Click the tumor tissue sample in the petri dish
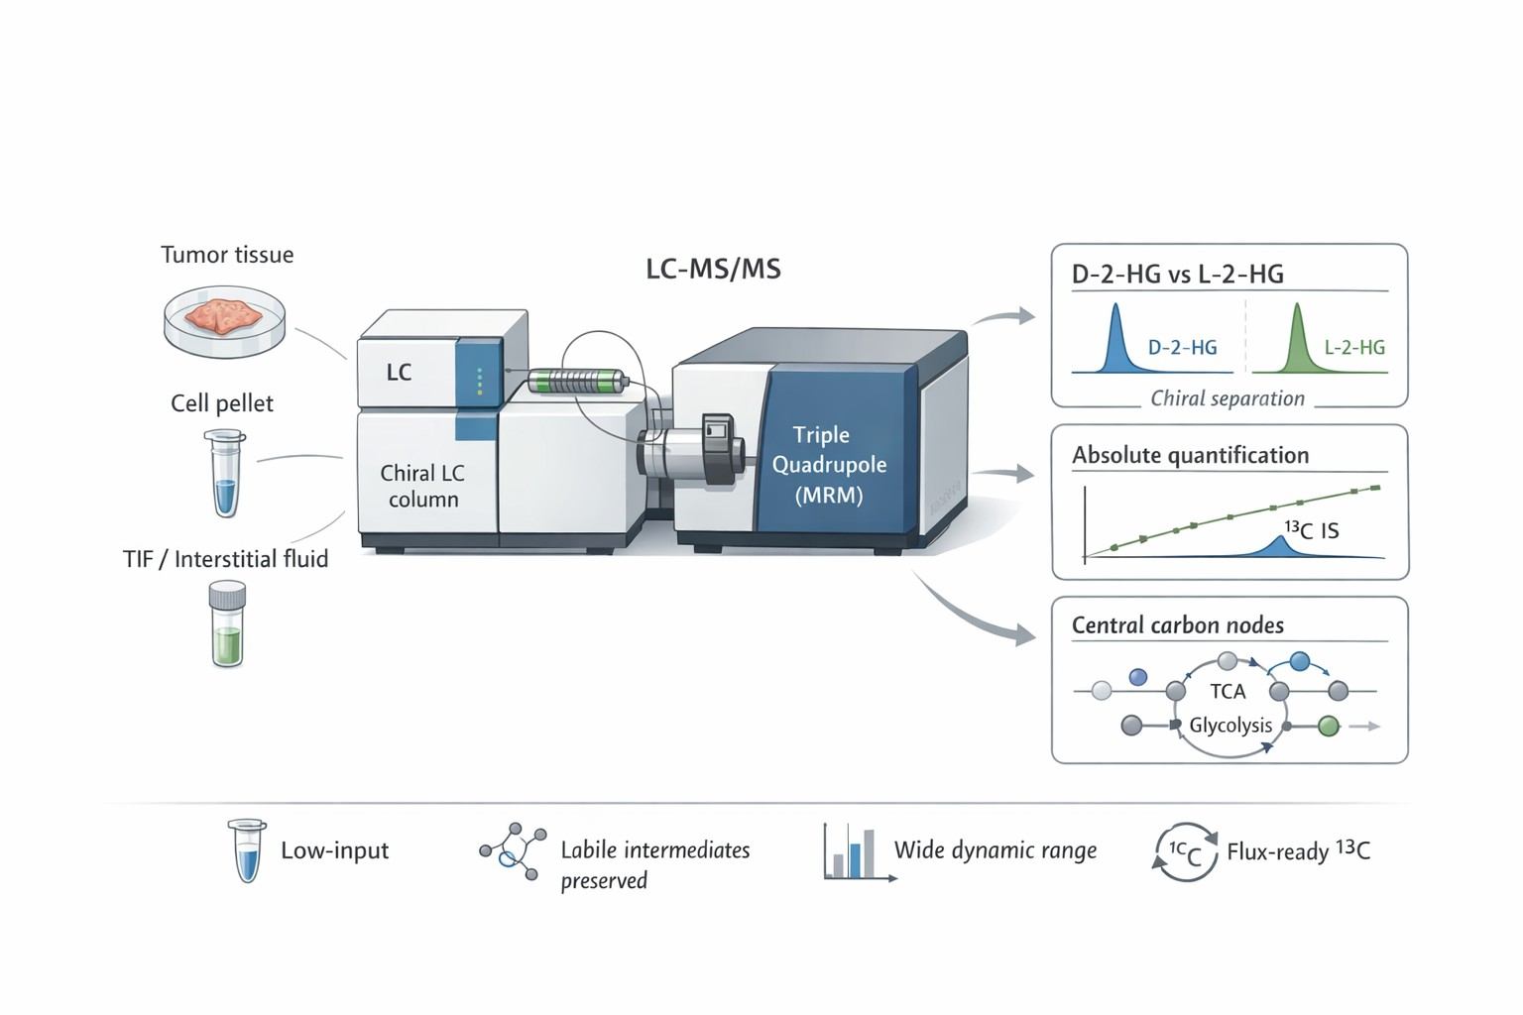click(224, 315)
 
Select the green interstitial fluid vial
click(227, 624)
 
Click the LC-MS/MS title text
click(713, 269)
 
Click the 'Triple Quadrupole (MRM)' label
click(829, 464)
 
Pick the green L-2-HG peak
click(1297, 342)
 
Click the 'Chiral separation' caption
click(1227, 398)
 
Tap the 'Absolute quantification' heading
click(1190, 455)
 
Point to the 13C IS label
click(1311, 530)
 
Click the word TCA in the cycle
click(1228, 691)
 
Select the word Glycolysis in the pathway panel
click(1230, 725)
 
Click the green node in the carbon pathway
click(1329, 727)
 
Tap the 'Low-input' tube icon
click(246, 850)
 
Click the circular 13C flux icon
click(1185, 851)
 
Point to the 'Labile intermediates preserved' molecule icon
click(513, 849)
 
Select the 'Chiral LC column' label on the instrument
click(422, 486)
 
